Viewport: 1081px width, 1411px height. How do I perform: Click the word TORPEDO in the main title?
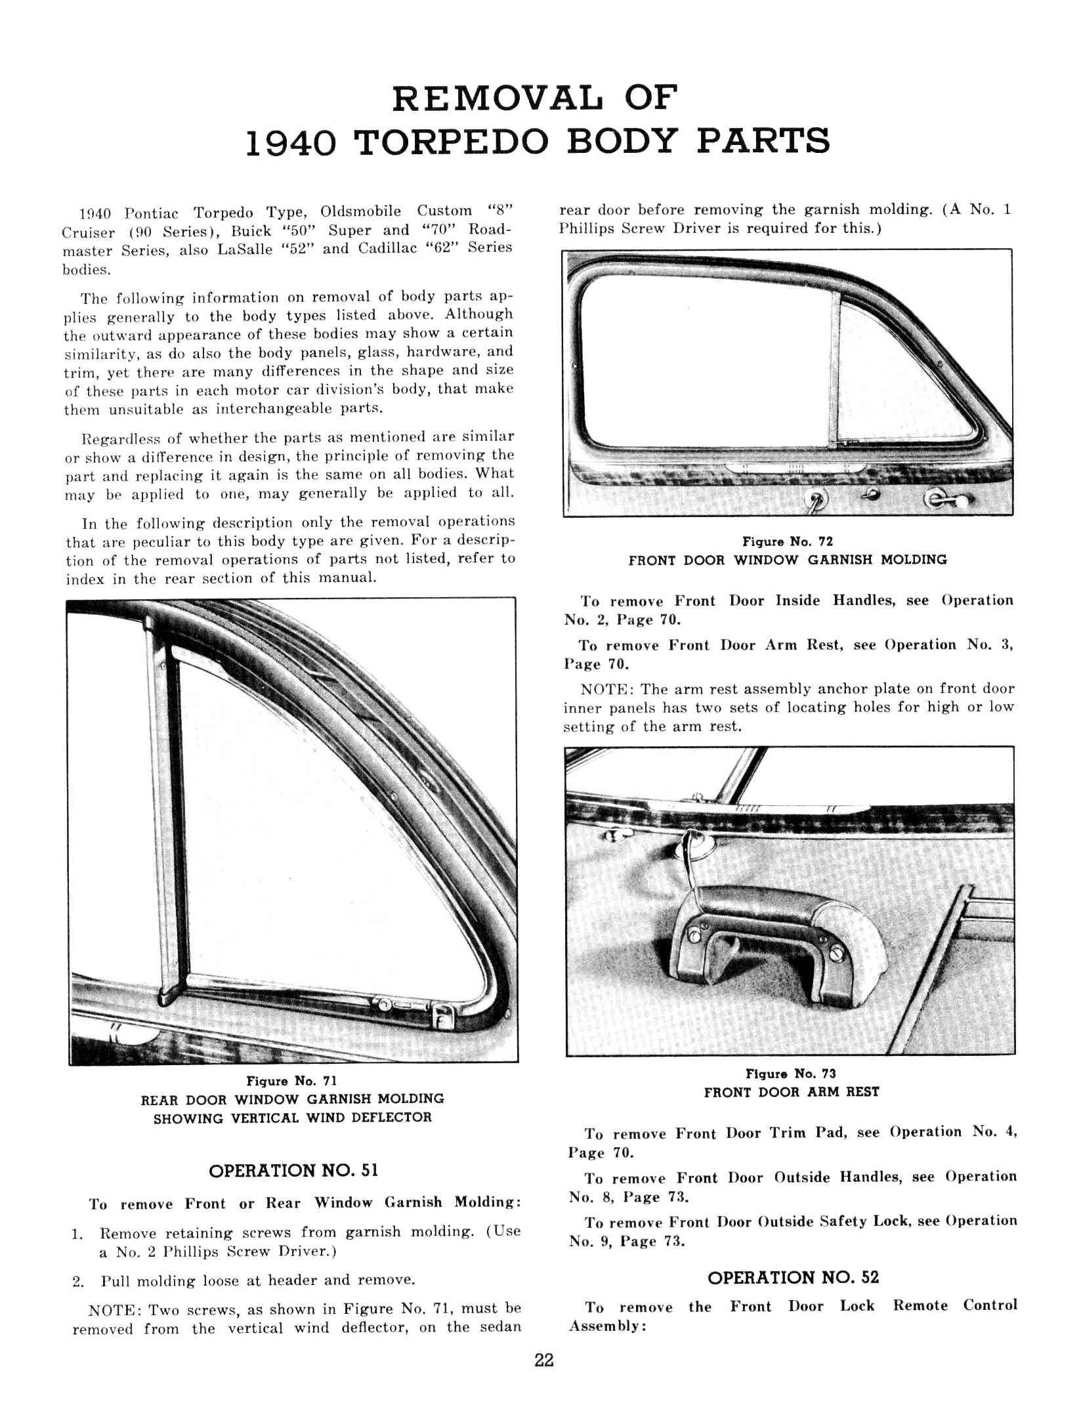(450, 142)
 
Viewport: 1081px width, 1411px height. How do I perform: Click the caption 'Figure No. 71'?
(291, 1081)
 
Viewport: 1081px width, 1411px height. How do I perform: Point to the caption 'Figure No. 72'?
(788, 541)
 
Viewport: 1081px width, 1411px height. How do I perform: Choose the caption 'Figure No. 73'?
(791, 1074)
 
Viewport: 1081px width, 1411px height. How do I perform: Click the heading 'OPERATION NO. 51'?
(293, 1171)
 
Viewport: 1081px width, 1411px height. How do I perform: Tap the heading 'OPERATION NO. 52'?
(793, 1277)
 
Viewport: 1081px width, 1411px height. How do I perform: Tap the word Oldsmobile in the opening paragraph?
(360, 211)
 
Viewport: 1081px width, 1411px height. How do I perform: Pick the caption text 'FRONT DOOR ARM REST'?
(792, 1092)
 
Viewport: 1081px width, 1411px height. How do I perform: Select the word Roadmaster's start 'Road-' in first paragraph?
(489, 230)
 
